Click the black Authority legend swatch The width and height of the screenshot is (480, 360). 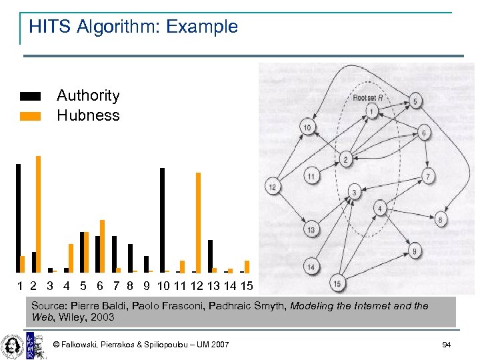pos(31,96)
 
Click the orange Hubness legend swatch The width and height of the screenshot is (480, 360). pos(31,116)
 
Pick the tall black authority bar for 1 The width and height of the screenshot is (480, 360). pos(19,218)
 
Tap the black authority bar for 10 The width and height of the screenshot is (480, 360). pos(162,220)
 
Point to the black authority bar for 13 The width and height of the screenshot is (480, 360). pos(210,256)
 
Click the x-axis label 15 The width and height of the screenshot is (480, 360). pos(247,286)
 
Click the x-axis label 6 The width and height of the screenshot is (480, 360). pos(99,286)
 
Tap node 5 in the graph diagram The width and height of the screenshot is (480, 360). pos(415,102)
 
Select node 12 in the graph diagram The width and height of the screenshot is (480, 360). pos(272,187)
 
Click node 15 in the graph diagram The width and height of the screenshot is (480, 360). pos(337,283)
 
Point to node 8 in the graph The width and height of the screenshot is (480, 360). pos(440,219)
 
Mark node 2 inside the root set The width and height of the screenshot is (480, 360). pos(345,159)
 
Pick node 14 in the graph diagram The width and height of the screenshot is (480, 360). pos(311,267)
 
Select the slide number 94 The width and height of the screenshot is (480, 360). pos(447,345)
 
